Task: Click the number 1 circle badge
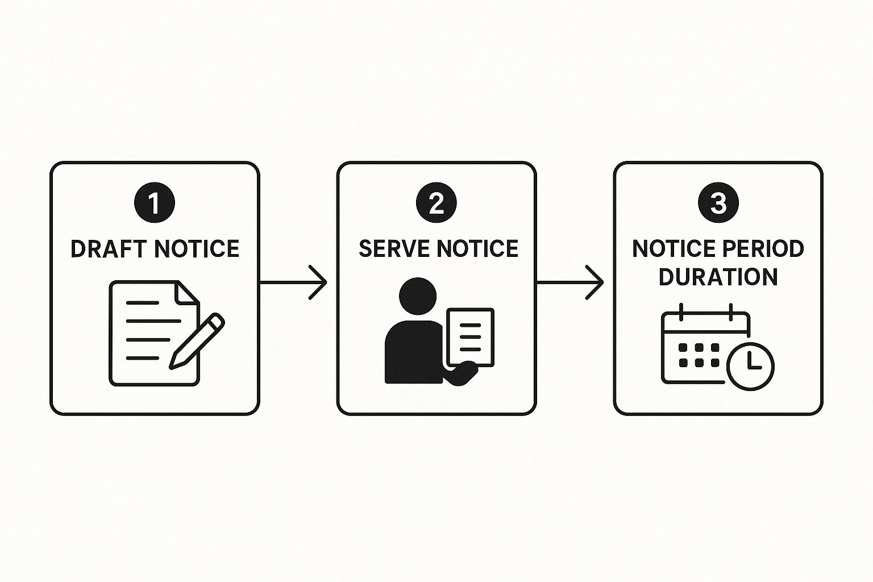tap(155, 202)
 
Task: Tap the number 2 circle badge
tap(436, 202)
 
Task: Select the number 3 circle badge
tap(718, 202)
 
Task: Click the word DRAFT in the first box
tap(109, 249)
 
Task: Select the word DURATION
tap(718, 277)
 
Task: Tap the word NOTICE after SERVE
tap(477, 249)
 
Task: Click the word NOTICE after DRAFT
tap(197, 249)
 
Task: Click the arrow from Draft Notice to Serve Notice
tap(293, 282)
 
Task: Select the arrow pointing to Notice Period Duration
tap(570, 282)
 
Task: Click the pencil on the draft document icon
tap(197, 340)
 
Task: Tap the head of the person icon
tap(418, 296)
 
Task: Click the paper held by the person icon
tap(471, 337)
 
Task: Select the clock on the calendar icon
tap(750, 366)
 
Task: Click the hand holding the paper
tap(462, 373)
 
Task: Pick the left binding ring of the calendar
tap(681, 312)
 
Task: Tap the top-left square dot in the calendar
tap(683, 347)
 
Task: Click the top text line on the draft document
tap(142, 303)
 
